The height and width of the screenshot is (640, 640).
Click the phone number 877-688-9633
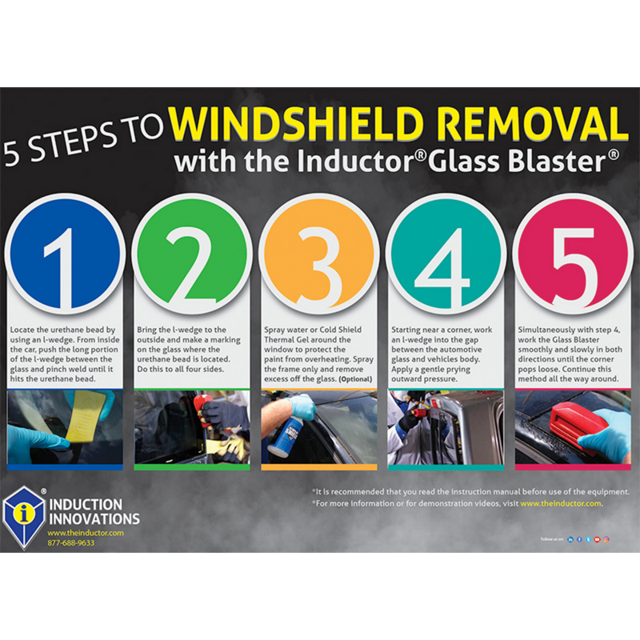(70, 542)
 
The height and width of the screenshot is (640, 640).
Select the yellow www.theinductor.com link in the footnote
(560, 504)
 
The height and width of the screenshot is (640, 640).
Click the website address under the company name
(85, 532)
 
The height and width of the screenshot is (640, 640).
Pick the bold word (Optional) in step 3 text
(356, 378)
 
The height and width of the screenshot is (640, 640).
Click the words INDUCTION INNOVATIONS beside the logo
(94, 512)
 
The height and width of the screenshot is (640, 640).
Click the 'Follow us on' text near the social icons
(552, 540)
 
